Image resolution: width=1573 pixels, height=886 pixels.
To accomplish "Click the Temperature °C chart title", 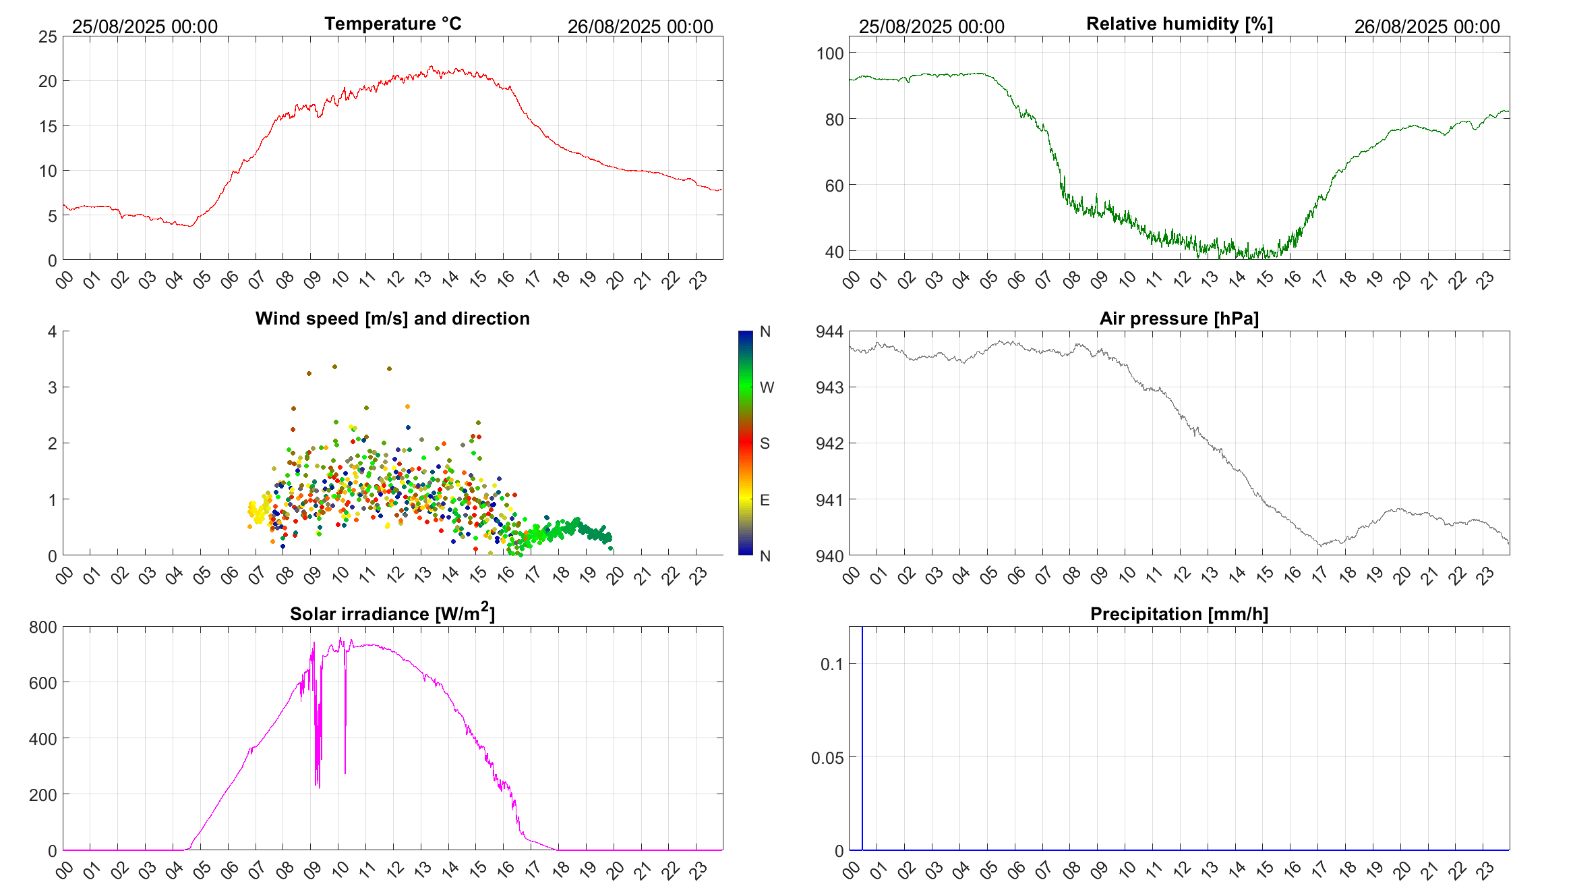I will [392, 24].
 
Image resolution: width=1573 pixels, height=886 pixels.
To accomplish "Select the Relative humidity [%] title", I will [1179, 24].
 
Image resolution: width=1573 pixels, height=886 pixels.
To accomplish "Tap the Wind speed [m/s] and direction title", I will [392, 319].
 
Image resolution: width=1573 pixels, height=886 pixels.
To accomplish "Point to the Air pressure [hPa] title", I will [1179, 319].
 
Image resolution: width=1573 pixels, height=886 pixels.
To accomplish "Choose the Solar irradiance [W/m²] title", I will [392, 613].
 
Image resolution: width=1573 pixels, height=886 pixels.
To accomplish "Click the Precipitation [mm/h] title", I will [1179, 614].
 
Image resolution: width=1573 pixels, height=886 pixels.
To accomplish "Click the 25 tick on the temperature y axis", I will [48, 36].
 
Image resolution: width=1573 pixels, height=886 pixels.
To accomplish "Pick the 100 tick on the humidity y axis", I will [830, 53].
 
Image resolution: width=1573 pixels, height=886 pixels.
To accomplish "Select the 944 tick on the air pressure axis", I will [830, 331].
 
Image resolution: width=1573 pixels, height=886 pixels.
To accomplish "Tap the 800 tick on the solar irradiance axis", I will [43, 627].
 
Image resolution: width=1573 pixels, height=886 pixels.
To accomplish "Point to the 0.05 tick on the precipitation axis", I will [827, 758].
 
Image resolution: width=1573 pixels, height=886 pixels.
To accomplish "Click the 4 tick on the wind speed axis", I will [53, 331].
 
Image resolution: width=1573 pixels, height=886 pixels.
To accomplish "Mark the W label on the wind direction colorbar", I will [767, 387].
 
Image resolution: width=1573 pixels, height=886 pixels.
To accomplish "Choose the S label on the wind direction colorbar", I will [765, 443].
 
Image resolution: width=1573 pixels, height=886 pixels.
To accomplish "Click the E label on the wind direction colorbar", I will [765, 500].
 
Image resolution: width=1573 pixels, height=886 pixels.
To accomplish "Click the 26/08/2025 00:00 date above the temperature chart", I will [640, 26].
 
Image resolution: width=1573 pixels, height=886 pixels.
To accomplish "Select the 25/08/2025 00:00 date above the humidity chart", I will [931, 26].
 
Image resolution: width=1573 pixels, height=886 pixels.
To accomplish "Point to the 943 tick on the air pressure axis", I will [830, 387].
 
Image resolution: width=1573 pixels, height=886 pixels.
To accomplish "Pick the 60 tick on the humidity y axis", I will [834, 186].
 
